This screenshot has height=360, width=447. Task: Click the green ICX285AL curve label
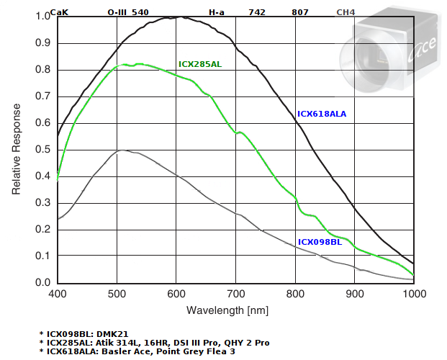[200, 65]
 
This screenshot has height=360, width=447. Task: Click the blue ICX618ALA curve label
[322, 114]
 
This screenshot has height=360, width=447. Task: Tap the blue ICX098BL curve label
[320, 242]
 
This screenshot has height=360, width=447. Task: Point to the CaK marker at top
[59, 12]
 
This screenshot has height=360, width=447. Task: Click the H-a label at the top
[217, 12]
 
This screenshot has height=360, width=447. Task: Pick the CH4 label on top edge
[347, 12]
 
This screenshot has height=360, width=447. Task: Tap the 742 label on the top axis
[257, 12]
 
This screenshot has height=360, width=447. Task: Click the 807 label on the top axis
[300, 12]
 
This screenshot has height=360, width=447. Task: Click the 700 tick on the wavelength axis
[235, 294]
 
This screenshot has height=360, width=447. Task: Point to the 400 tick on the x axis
[58, 294]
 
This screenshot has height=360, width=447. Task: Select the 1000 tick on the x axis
[412, 294]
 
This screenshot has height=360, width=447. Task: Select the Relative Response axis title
[16, 149]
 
